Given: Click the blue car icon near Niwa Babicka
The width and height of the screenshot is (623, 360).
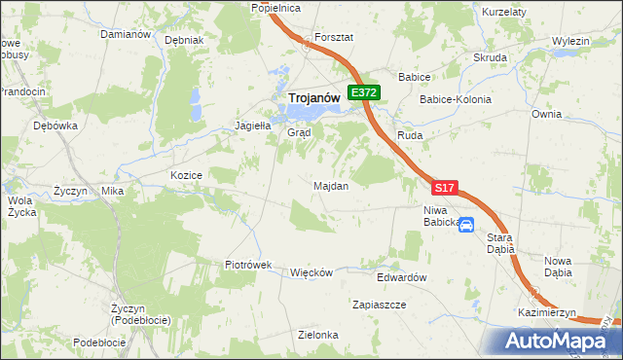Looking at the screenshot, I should pyautogui.click(x=466, y=226).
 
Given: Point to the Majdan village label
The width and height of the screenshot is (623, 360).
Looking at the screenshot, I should pyautogui.click(x=331, y=186).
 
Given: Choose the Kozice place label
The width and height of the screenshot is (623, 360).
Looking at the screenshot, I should pyautogui.click(x=185, y=175).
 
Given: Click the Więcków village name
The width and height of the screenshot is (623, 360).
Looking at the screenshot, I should pyautogui.click(x=312, y=272).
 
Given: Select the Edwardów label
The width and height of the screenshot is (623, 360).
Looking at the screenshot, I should pyautogui.click(x=403, y=277).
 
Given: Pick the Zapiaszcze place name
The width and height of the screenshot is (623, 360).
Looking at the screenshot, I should pyautogui.click(x=380, y=305).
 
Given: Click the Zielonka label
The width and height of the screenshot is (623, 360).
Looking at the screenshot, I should pyautogui.click(x=318, y=335).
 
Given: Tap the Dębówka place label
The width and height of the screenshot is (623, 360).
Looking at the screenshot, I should pyautogui.click(x=55, y=126).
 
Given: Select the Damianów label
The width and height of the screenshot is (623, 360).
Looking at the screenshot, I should pyautogui.click(x=125, y=34).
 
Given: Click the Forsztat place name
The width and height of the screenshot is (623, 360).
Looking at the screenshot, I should pyautogui.click(x=333, y=37).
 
